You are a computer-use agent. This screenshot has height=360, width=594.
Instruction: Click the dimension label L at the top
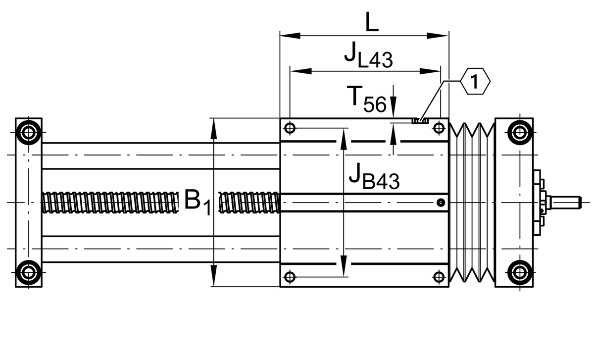pos(372,22)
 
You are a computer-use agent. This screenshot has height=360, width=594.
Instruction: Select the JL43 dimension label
pos(368,56)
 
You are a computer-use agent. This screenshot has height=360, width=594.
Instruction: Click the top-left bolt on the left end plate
pos(28,133)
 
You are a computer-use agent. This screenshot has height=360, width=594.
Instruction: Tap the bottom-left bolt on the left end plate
pos(28,272)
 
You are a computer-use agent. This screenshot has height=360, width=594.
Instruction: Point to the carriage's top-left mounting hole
pos(290,128)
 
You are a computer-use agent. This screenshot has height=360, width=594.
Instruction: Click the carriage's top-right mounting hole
pos(439,128)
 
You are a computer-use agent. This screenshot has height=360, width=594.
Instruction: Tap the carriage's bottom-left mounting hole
pos(290,276)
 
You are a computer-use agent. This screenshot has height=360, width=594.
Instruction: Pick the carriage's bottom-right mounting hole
pos(439,276)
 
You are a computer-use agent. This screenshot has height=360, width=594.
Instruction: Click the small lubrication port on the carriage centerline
pos(440,202)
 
